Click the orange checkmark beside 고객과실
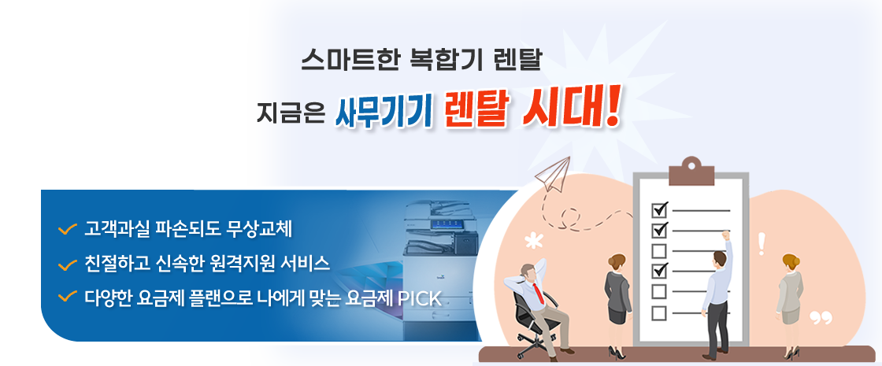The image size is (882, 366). point(68,229)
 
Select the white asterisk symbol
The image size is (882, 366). point(532,241)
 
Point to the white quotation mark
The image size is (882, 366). point(821,318)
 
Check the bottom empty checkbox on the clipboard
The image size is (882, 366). point(658,312)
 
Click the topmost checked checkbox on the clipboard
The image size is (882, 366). point(659,209)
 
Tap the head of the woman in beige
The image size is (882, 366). point(791,262)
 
